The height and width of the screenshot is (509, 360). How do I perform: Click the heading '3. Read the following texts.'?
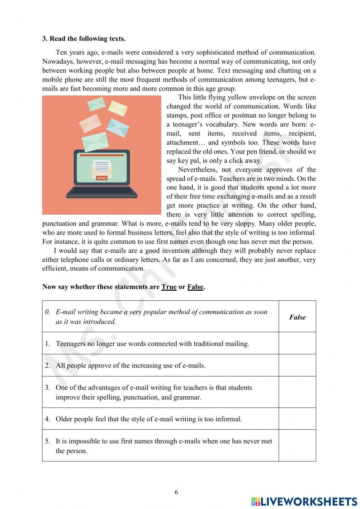click(x=84, y=39)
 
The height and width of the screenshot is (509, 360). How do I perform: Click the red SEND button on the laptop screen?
click(x=102, y=178)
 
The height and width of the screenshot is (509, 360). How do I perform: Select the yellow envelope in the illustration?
click(x=118, y=108)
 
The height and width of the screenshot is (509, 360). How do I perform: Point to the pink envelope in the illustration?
click(x=90, y=123)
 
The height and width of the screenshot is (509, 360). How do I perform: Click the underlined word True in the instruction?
click(x=169, y=287)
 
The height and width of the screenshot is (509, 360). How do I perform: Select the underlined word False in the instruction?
click(x=195, y=287)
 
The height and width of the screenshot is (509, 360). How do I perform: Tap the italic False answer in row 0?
click(x=297, y=317)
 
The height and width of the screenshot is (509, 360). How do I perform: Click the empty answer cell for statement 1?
click(x=297, y=343)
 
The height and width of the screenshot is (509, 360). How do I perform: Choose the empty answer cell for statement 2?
click(x=297, y=365)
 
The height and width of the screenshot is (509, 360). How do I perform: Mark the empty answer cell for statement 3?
click(x=297, y=392)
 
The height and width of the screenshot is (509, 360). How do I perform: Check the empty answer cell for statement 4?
click(x=297, y=419)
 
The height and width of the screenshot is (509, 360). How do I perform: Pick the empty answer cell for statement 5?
click(x=297, y=446)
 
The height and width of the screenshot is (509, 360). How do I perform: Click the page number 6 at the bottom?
click(x=176, y=492)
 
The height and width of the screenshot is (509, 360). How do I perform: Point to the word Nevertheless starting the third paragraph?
click(x=196, y=170)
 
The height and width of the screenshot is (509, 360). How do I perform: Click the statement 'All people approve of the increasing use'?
click(x=130, y=366)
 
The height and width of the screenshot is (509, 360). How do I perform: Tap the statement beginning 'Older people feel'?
click(x=148, y=419)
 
